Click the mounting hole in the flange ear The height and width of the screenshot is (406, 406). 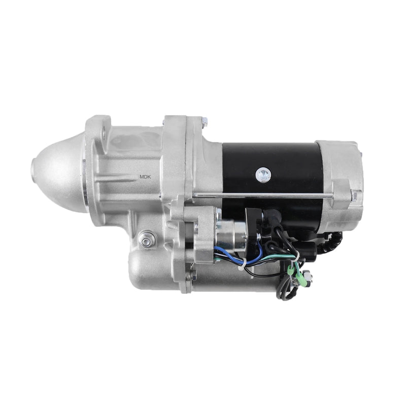tap(104, 133)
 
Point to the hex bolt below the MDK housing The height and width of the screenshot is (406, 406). tap(147, 240)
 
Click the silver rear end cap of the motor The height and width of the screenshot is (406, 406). tap(343, 178)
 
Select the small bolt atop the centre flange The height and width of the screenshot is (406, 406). tap(204, 122)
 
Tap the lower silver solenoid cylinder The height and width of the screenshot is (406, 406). tap(152, 269)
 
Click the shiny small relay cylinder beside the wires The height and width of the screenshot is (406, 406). tap(227, 231)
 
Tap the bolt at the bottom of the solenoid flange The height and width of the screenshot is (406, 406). tap(192, 276)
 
